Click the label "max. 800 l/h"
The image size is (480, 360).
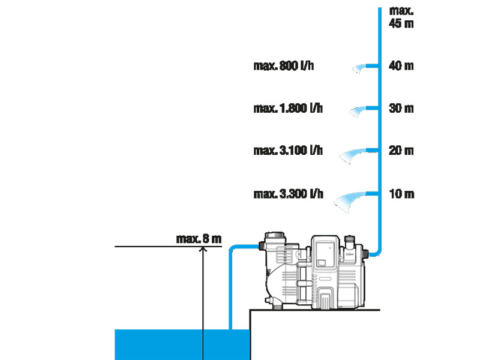pos(283,66)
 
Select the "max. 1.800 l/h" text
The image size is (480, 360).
pos(287,109)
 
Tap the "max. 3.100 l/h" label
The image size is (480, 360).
pos(287,151)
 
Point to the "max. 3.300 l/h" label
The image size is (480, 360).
pos(287,194)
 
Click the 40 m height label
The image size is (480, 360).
pos(401,66)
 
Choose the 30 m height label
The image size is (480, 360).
pos(401,109)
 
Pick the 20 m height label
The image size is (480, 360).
pos(401,151)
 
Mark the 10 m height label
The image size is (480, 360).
pos(401,194)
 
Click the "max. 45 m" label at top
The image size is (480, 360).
pos(401,17)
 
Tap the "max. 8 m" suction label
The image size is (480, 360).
pos(199,239)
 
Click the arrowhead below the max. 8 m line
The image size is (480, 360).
pos(203,250)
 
